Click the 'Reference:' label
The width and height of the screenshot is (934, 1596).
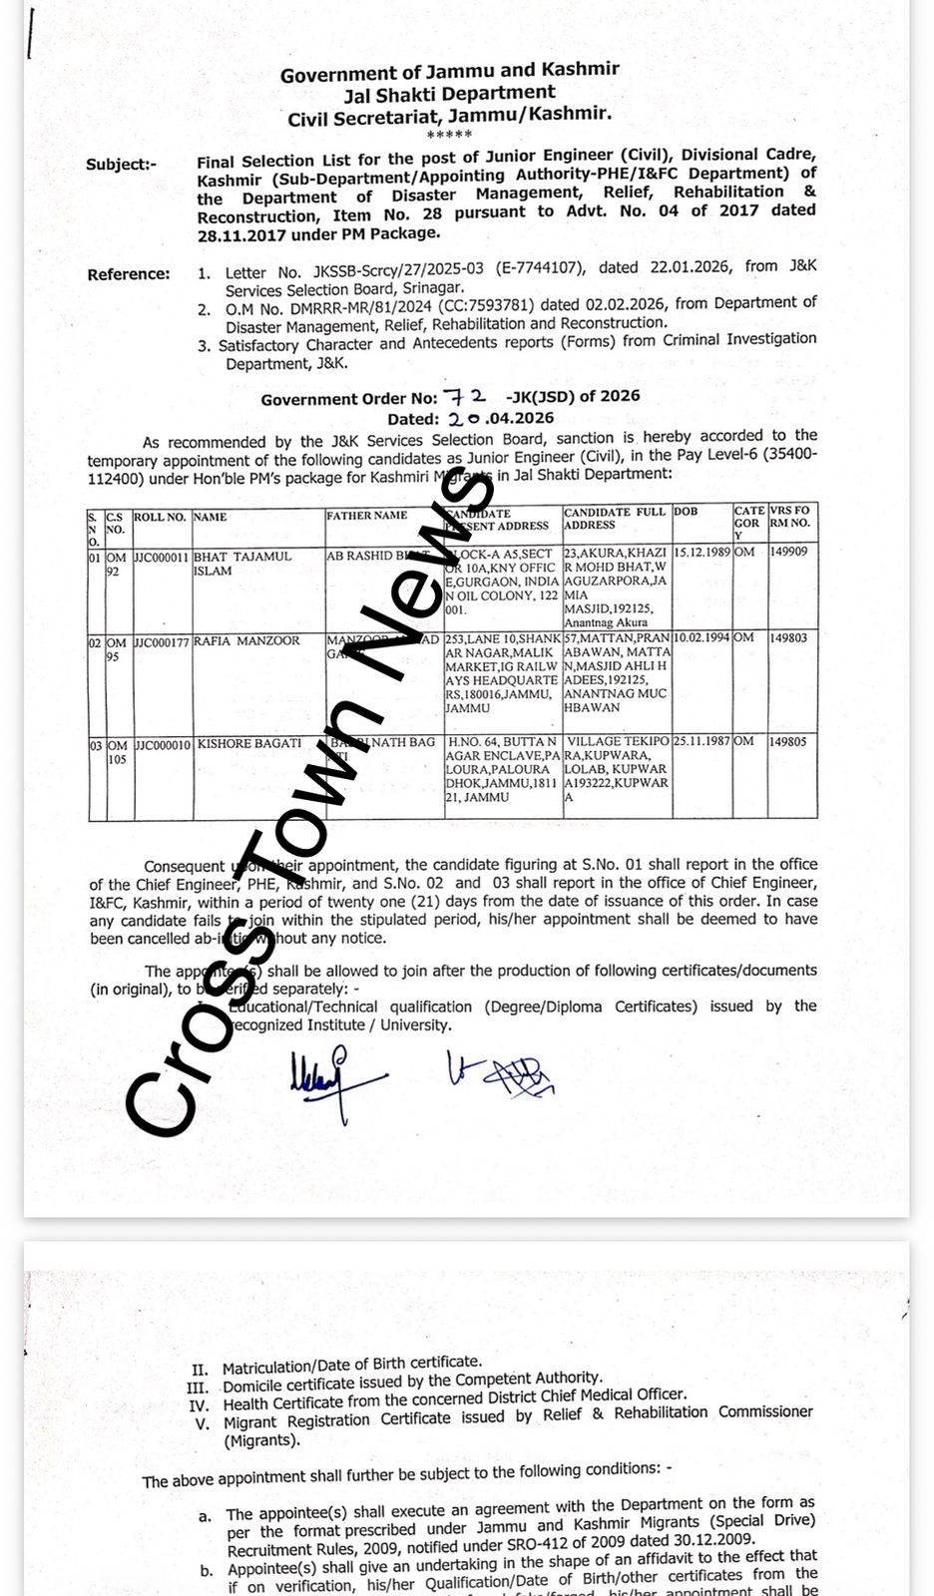tap(129, 274)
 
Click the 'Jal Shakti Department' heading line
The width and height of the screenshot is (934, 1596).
tap(449, 94)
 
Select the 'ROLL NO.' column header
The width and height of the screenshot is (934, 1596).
tap(160, 518)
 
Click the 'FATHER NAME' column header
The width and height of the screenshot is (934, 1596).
tap(366, 516)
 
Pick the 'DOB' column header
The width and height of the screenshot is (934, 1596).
tap(686, 512)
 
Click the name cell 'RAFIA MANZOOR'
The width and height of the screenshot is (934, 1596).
tap(246, 641)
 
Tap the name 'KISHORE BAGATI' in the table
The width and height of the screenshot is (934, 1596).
tap(248, 743)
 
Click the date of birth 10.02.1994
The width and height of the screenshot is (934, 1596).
tap(702, 637)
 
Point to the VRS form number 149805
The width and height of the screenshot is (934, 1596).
tap(788, 742)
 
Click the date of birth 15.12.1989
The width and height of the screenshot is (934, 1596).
tap(702, 552)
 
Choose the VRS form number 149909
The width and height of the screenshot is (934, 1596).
tap(788, 552)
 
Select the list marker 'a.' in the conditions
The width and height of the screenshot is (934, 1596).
tap(206, 1516)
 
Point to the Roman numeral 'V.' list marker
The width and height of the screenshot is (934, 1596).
tap(203, 1423)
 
